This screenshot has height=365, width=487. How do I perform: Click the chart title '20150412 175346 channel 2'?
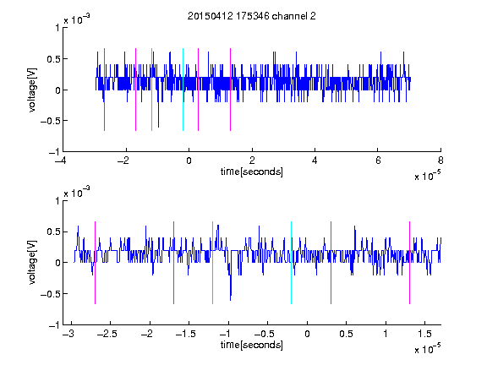point(252,16)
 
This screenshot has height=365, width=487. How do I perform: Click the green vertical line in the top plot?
point(151,90)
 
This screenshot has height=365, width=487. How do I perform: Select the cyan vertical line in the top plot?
point(183,90)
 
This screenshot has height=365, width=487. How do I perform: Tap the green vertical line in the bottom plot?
point(212,263)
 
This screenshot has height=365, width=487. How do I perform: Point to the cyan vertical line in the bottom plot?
point(291,263)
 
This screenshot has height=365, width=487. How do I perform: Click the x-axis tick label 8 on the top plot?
point(440,161)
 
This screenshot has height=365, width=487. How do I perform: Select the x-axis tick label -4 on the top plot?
point(61,161)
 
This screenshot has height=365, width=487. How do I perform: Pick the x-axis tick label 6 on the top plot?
point(378,161)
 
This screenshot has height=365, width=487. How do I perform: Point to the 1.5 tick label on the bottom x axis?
point(425,334)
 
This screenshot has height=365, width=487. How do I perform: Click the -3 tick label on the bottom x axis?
point(68,334)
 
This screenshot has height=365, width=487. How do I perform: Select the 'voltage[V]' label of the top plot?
point(32,90)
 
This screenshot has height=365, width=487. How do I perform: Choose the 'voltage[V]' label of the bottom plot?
point(32,262)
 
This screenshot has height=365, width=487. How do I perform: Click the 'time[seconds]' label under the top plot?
point(252,172)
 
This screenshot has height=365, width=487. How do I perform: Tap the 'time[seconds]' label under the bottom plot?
point(252,345)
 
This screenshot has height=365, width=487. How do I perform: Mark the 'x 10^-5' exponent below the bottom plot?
point(427,349)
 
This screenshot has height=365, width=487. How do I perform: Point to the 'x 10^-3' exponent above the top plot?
point(77,19)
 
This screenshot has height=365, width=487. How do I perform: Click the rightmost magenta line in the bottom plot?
point(409,263)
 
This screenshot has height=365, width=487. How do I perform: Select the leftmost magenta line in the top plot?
point(104,90)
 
